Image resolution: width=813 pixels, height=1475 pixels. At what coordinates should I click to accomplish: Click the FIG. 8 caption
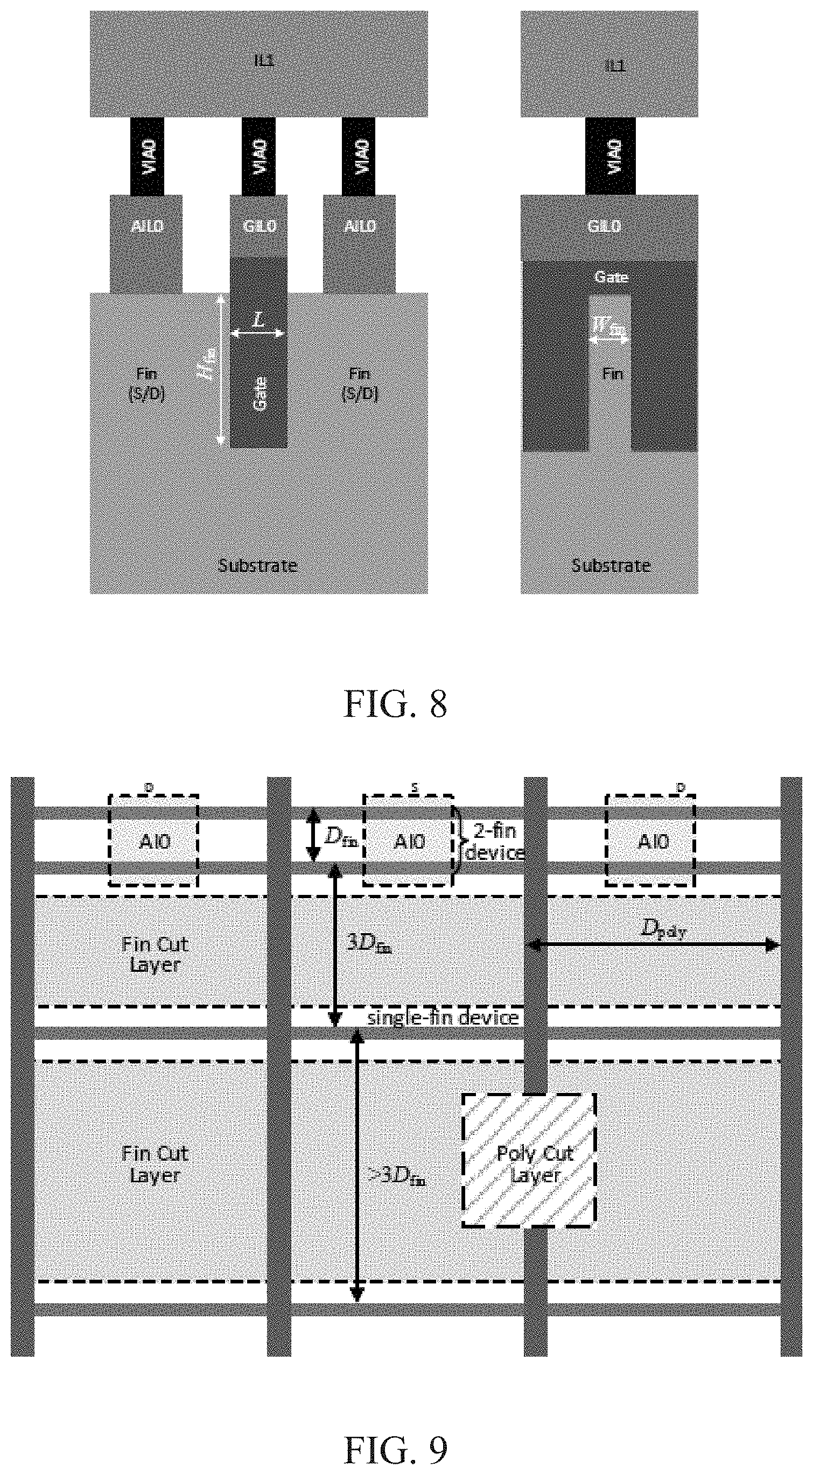(395, 704)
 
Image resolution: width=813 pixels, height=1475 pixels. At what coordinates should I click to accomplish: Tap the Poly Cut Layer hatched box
(529, 1160)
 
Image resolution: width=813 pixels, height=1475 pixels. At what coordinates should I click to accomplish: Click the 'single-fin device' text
(443, 1017)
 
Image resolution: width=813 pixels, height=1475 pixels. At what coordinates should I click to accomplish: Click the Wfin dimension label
(608, 327)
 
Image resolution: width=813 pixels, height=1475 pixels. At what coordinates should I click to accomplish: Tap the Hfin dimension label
(207, 364)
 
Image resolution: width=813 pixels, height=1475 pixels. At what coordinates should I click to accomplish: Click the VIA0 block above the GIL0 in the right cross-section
(610, 156)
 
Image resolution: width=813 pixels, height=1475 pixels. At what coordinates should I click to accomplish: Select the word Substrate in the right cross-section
(611, 566)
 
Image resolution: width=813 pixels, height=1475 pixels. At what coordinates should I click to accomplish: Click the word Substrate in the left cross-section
(258, 566)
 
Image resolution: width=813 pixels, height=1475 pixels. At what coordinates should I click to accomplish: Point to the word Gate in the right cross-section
(611, 277)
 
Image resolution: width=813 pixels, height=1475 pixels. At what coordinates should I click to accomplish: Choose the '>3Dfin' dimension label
(396, 1176)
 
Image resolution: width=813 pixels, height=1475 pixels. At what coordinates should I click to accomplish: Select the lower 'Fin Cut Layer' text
(155, 1165)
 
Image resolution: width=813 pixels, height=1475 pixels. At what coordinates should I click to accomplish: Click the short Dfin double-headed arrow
(313, 835)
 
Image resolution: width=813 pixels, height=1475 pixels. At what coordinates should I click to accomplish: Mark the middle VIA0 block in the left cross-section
(258, 156)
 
